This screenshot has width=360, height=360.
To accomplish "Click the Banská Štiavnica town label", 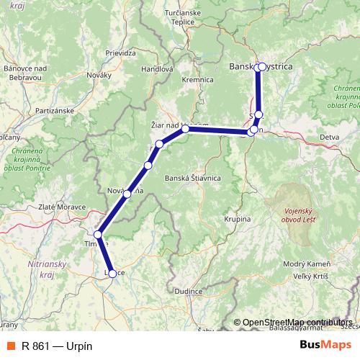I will click(x=192, y=178).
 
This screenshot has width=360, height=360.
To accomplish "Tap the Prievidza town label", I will click(x=121, y=53).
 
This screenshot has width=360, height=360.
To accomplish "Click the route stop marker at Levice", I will click(x=112, y=273).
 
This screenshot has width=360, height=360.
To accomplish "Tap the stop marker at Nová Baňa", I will click(x=127, y=194).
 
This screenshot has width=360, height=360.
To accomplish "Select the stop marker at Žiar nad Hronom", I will click(x=185, y=129).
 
